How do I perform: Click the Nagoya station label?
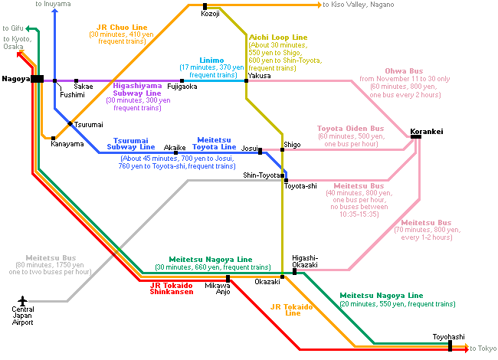click(x=16, y=79)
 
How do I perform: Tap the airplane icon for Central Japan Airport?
click(x=22, y=300)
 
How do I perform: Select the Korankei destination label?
click(x=427, y=132)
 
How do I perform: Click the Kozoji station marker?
click(x=205, y=6)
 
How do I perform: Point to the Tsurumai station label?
click(x=89, y=125)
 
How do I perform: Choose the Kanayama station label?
click(x=67, y=144)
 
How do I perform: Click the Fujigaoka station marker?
click(x=182, y=81)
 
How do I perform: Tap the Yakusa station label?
click(x=259, y=76)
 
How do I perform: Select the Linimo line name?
click(x=211, y=61)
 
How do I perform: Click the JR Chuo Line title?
click(x=122, y=28)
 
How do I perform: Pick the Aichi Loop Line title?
click(x=278, y=38)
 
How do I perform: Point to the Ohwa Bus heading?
click(x=404, y=71)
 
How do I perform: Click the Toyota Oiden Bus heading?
click(x=351, y=129)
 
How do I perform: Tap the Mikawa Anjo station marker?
click(x=228, y=279)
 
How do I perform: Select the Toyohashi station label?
click(x=448, y=337)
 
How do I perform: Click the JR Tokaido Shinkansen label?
click(x=172, y=289)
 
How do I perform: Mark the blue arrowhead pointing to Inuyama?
click(x=55, y=11)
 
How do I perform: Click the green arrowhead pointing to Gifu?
click(x=28, y=29)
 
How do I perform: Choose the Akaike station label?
click(x=175, y=148)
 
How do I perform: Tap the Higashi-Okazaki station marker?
click(x=294, y=271)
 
